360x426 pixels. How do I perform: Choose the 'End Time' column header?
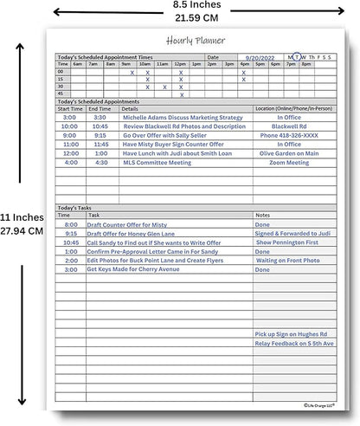pyautogui.click(x=99, y=109)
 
